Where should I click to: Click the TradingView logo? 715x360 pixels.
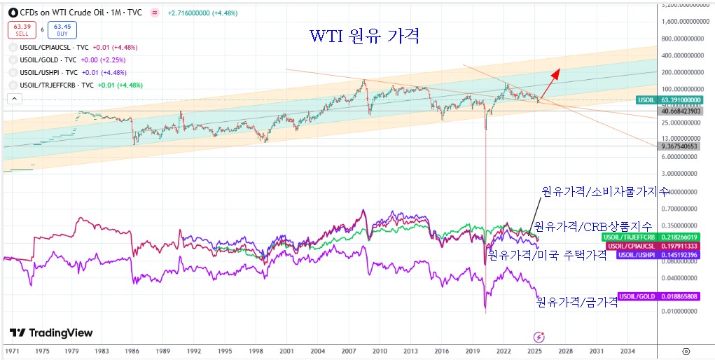[x=51, y=333]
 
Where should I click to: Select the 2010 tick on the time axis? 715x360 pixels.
[x=379, y=350]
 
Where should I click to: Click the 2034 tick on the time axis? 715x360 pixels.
[x=627, y=350]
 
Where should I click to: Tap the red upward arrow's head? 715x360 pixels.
[x=558, y=71]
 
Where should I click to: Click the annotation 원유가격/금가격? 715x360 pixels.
[x=576, y=302]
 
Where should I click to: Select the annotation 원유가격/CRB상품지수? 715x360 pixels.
[x=593, y=226]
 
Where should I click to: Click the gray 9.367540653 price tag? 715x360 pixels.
[x=680, y=146]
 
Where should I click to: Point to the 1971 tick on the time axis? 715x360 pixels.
[x=11, y=350]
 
